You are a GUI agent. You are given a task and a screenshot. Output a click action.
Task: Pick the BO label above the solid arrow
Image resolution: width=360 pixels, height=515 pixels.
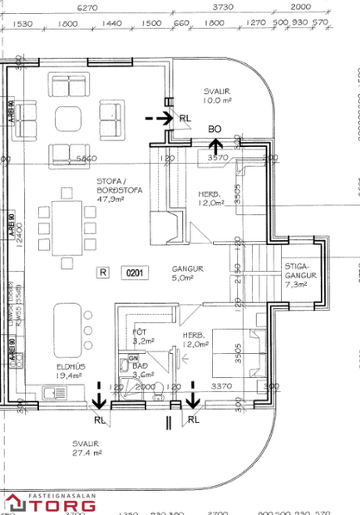click(x=215, y=129)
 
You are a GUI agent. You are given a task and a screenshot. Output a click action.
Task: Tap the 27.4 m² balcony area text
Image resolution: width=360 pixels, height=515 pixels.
click(x=86, y=453)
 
